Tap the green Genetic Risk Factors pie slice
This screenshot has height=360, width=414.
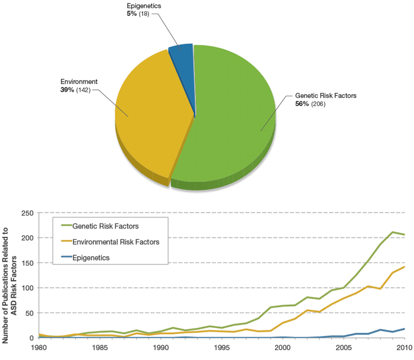(237, 112)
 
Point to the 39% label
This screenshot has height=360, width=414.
(68, 89)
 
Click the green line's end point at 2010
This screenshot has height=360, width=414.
(404, 235)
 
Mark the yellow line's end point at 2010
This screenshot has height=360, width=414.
(404, 267)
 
